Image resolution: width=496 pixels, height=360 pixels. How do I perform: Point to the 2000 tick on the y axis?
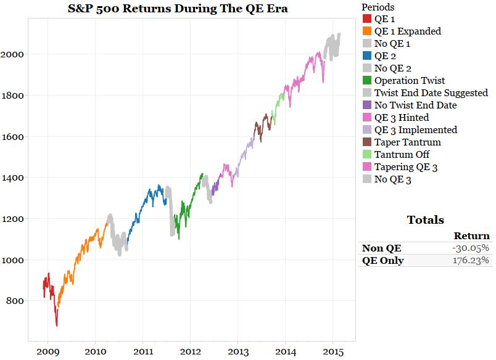click(13, 54)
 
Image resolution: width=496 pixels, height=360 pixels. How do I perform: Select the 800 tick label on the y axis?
click(15, 301)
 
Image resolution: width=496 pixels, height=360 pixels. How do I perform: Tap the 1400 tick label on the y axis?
click(13, 178)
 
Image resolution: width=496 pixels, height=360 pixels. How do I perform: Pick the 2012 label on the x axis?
click(191, 351)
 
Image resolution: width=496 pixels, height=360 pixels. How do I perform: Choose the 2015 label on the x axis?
click(334, 351)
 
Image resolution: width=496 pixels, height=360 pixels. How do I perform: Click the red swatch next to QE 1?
click(366, 19)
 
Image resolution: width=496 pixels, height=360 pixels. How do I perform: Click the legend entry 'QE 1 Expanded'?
click(408, 31)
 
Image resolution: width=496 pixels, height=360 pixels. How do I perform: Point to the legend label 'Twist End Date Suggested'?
click(431, 93)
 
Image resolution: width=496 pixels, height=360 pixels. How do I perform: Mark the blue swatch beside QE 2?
click(366, 56)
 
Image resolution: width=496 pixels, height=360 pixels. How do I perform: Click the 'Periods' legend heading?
click(378, 7)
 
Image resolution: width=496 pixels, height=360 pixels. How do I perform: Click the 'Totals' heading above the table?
click(425, 220)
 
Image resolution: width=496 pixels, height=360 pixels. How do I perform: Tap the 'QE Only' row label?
click(383, 260)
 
